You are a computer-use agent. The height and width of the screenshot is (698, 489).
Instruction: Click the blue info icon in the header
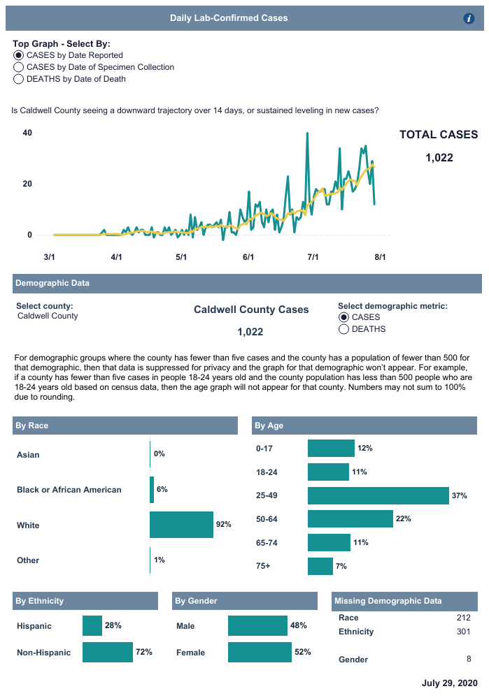pos(469,19)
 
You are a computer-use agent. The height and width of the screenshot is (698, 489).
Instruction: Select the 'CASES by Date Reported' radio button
pos(18,55)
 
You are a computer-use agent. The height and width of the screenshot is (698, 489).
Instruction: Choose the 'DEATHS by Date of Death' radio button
pos(18,80)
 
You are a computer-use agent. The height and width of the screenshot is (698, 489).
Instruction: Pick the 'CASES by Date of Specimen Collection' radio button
pos(18,68)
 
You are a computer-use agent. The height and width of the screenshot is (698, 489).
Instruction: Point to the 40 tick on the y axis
pos(28,133)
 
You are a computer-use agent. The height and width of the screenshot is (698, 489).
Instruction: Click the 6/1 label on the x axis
pos(248,257)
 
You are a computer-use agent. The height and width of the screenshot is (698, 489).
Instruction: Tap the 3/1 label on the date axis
pos(50,257)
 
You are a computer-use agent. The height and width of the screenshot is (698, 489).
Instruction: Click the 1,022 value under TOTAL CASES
pos(439,158)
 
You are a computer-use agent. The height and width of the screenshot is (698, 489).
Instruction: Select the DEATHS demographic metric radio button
pos(343,329)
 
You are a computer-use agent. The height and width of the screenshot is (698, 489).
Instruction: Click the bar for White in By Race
pos(182,525)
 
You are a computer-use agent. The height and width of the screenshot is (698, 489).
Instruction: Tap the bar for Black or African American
pos(152,490)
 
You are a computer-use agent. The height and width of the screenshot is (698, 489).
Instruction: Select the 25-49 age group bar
pos(378,496)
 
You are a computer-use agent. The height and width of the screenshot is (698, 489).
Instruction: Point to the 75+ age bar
pos(320,567)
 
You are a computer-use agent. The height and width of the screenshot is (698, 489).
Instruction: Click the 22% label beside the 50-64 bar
pos(404,519)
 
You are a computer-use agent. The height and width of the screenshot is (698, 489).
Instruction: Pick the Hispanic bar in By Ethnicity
pos(92,626)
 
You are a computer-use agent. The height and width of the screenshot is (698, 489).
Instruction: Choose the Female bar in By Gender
pos(260,653)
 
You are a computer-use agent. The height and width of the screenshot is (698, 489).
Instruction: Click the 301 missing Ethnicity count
pos(463,632)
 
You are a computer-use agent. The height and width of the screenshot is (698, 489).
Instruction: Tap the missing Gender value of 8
pos(469,660)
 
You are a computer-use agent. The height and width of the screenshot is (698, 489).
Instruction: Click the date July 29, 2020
pos(449,683)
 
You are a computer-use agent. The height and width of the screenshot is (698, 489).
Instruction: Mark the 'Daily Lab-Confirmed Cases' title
pos(229,18)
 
